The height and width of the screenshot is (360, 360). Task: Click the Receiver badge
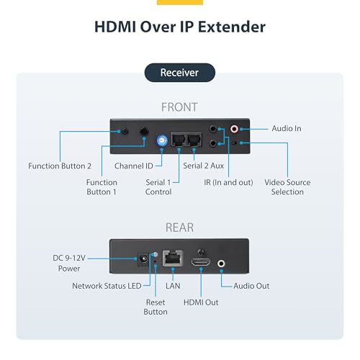[x=180, y=73]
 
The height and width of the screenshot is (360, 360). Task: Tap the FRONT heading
[x=179, y=107]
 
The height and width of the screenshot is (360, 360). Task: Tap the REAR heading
[x=179, y=228]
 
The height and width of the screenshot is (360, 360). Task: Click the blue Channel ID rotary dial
[x=161, y=140]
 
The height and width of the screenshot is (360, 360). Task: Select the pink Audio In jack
[x=234, y=129]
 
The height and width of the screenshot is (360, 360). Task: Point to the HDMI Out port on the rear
[x=201, y=262]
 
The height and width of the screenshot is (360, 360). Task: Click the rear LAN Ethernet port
[x=173, y=258]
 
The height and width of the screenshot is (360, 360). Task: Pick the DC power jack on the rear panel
[x=143, y=259]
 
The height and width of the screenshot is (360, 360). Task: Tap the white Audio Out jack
[x=221, y=264]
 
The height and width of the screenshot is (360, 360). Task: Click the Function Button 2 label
[x=60, y=166]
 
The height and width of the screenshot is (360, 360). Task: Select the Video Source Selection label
[x=287, y=187]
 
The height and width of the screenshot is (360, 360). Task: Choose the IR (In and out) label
[x=228, y=182]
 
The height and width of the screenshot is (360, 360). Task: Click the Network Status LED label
[x=107, y=286]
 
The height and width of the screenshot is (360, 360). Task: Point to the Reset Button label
[x=156, y=307]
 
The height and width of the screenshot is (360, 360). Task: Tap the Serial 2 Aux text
[x=203, y=166]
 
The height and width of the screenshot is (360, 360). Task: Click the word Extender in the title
[x=232, y=27]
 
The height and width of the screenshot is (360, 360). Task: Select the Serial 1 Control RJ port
[x=179, y=140]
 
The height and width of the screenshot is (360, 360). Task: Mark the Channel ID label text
[x=134, y=166]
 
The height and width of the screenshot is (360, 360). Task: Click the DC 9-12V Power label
[x=69, y=263]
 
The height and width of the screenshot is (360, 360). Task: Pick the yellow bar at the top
[x=180, y=2]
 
